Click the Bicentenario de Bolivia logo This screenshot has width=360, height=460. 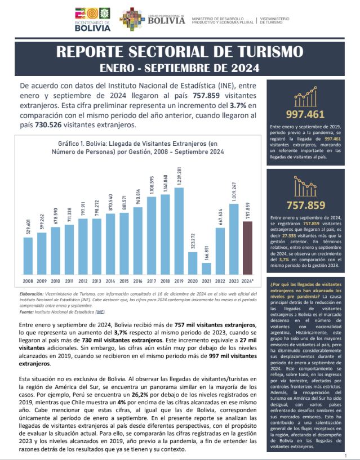[93, 20]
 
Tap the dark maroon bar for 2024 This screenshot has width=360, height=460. [247, 247]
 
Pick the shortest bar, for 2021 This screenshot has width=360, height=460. [206, 268]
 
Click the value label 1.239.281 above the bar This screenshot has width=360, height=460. [179, 176]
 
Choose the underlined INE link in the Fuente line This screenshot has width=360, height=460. [100, 311]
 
